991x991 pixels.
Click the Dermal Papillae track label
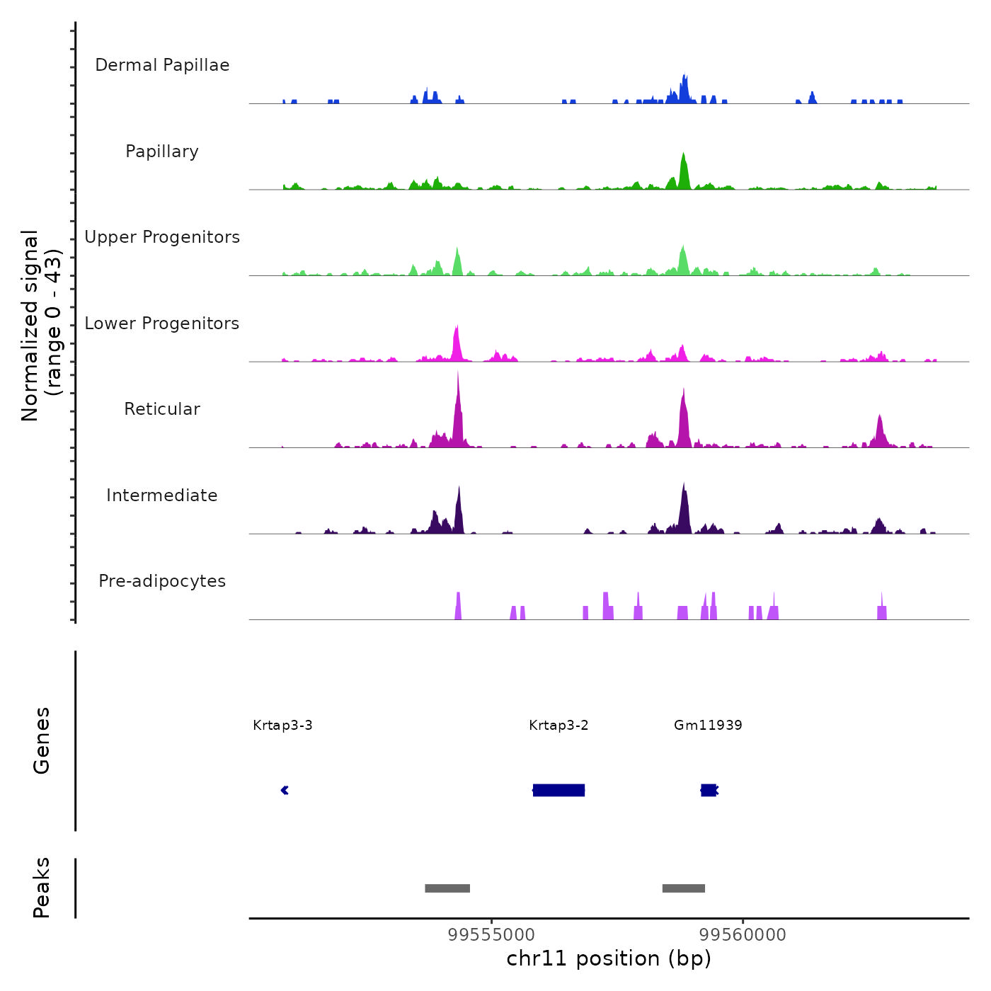pos(162,65)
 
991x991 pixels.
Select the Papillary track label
pos(162,151)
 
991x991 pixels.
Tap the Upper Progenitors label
pos(162,237)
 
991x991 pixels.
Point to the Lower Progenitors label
pos(162,323)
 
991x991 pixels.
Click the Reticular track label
pos(162,409)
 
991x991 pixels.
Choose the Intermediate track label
pos(162,495)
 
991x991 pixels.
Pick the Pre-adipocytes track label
pos(162,581)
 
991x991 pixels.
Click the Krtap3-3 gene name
pos(282,725)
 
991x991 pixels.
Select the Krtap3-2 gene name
pos(558,725)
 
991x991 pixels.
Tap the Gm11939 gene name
pos(708,725)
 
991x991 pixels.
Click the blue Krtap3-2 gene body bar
pos(558,790)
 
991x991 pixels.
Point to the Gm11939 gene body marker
pos(709,790)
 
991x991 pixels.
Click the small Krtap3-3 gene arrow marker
pos(285,790)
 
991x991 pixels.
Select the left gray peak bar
pos(447,888)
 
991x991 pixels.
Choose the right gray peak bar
pos(684,888)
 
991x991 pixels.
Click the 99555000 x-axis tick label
pos(492,935)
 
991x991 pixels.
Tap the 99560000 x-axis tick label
pos(743,935)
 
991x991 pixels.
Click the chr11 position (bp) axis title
pos(609,958)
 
